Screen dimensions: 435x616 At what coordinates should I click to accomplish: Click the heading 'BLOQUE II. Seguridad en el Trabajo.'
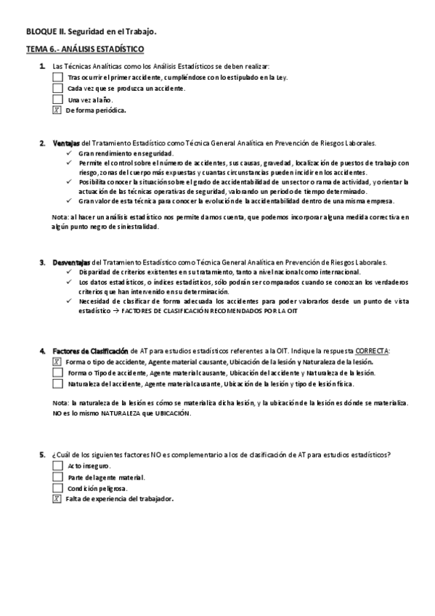coord(91,32)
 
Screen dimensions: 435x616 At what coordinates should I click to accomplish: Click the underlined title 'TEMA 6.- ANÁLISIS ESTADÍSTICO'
coord(84,49)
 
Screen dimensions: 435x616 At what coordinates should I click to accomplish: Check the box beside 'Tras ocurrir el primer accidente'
coord(58,76)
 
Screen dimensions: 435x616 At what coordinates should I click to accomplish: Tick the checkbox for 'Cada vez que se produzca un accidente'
coord(58,88)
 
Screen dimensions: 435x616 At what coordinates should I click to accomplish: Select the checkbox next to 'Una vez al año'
coord(58,100)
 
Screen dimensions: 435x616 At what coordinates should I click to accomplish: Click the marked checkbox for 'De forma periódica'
coord(57,110)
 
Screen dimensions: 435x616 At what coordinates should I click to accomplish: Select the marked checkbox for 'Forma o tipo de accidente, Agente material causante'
coord(57,361)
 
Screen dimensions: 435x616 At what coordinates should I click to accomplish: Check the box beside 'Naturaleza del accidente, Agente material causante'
coord(58,384)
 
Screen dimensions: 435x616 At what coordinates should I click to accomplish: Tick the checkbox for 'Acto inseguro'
coord(58,466)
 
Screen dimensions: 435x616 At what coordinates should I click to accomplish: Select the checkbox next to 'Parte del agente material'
coord(58,477)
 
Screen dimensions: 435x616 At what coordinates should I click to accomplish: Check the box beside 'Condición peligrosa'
coord(58,488)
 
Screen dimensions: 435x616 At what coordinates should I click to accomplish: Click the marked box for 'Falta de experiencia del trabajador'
coord(57,499)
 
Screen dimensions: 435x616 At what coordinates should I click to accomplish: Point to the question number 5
coord(43,455)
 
